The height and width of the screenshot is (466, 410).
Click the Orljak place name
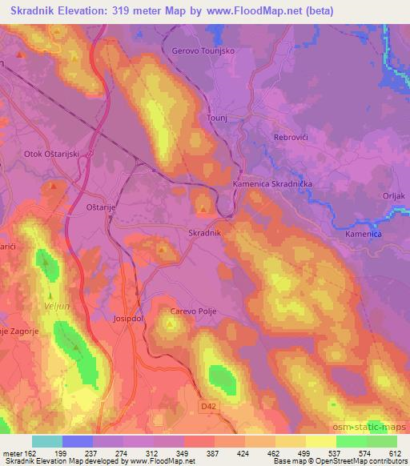point(391,195)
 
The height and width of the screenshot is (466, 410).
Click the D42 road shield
point(209,408)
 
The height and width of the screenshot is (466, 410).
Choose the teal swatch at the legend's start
point(47,441)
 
